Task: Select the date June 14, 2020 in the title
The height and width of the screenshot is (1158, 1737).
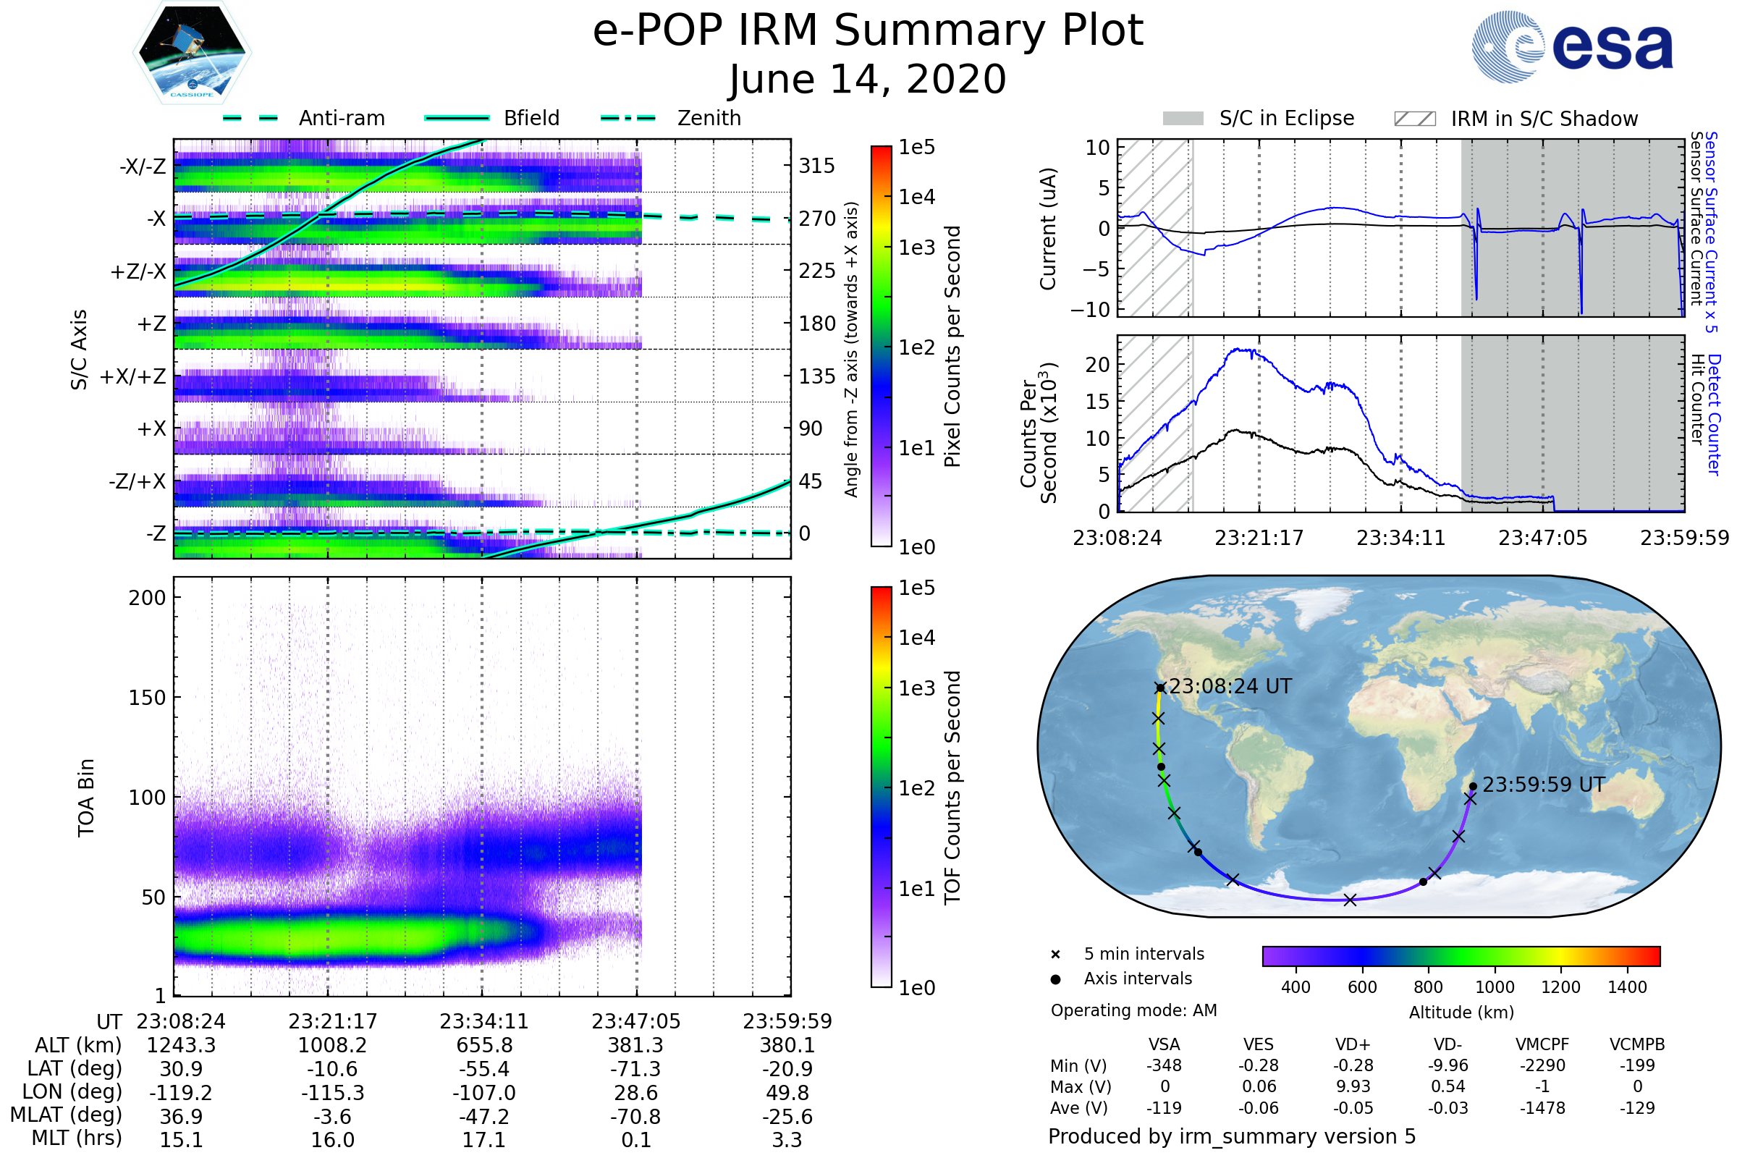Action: [868, 79]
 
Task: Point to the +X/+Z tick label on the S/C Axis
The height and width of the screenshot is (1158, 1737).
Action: [133, 376]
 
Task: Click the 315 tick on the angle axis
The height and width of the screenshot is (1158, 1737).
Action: [817, 166]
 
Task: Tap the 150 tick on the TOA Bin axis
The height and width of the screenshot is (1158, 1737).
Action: [147, 698]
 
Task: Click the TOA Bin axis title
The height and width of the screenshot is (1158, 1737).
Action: [86, 798]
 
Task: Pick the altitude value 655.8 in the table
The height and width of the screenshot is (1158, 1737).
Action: [483, 1046]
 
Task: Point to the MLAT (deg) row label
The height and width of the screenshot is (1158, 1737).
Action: [66, 1115]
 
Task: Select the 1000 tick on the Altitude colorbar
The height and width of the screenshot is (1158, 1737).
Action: [1495, 987]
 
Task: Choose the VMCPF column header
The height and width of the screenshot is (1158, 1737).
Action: [1542, 1045]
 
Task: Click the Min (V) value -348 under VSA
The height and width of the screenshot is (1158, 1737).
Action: [1164, 1065]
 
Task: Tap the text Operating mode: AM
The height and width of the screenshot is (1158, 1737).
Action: [1133, 1010]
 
